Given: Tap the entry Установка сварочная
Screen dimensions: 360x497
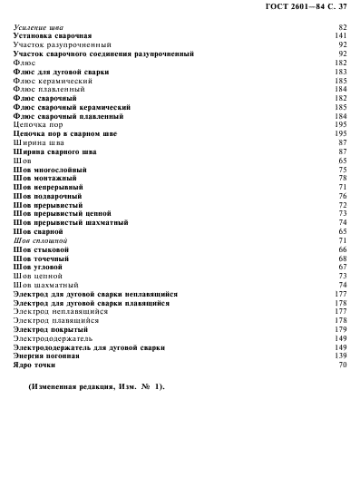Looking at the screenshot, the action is tap(53, 36).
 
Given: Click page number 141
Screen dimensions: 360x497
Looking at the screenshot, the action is tap(341, 36).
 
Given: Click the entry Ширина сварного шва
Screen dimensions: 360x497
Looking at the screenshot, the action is tap(54, 151).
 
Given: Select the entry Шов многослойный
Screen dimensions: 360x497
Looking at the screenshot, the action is tap(48, 170).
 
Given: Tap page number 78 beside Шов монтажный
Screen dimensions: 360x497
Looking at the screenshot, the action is tap(343, 178).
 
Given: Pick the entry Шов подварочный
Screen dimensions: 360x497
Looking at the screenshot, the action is tap(48, 196).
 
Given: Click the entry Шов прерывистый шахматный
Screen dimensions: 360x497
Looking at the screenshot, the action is tap(72, 222).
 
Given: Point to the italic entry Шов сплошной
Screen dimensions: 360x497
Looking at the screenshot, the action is tap(39, 240).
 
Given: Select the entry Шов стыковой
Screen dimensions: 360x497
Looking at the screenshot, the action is tap(42, 249).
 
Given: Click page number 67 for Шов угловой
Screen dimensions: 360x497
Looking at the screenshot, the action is tap(343, 267).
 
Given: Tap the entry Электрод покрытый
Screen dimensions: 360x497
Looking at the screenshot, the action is tap(51, 329).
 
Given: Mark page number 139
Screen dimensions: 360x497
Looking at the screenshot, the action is tap(341, 356).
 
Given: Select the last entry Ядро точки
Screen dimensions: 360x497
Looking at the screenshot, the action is tap(35, 365).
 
